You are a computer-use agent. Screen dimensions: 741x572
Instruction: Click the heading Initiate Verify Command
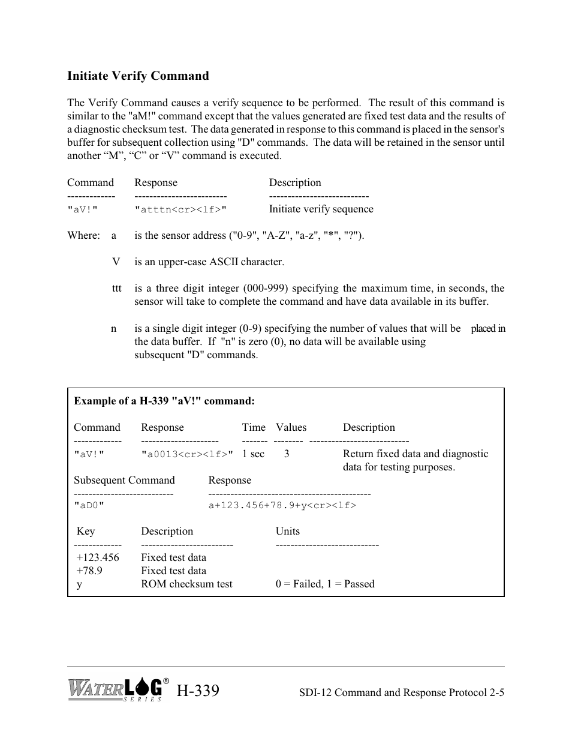pos(138,76)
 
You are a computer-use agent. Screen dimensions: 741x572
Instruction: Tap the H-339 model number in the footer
pos(198,691)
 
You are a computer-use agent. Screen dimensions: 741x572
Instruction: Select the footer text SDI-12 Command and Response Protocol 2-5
pos(401,692)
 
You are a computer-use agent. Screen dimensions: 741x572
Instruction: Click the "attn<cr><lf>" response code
pos(180,209)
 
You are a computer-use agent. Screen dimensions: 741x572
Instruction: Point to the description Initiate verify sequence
pos(321,209)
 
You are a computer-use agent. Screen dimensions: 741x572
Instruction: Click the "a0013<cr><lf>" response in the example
pos(186,454)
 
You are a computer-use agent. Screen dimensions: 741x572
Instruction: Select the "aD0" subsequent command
pos(89,505)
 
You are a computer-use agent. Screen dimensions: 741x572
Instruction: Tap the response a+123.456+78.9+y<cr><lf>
pos(282,505)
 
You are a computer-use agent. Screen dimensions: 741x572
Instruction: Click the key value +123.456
pos(98,557)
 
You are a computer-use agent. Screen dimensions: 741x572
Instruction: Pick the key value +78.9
pos(89,571)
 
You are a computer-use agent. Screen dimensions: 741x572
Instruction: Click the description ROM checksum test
pos(186,584)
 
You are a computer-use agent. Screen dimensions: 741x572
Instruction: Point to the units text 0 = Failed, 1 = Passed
pos(325,584)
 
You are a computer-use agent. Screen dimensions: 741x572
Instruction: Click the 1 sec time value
pos(253,454)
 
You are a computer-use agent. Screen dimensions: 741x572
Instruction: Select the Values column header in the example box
pos(291,427)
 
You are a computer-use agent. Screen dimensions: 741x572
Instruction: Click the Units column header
pos(287,531)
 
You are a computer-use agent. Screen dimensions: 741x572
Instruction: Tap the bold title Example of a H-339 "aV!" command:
pos(164,401)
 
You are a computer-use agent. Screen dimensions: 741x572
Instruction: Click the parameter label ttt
pos(116,288)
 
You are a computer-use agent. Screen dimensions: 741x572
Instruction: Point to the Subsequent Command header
pos(124,480)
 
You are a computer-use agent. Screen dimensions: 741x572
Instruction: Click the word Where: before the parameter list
pos(83,235)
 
